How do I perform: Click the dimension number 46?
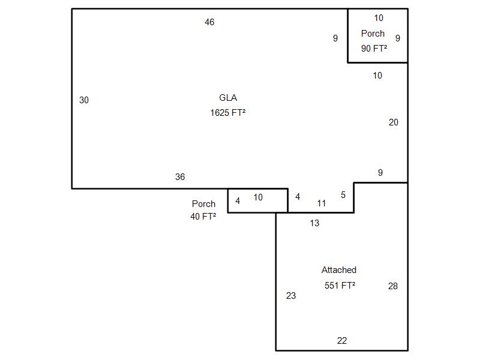(x=209, y=22)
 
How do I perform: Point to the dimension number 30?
(x=84, y=100)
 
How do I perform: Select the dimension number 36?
(x=180, y=176)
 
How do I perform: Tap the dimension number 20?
(x=394, y=122)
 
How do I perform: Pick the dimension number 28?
(x=393, y=286)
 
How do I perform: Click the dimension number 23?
(x=291, y=295)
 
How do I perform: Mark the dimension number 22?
(x=342, y=340)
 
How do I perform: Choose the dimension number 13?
(x=314, y=223)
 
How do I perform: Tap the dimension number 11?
(x=322, y=203)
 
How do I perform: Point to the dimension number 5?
(x=343, y=195)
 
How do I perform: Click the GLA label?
(x=228, y=98)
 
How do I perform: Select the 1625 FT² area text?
(x=228, y=113)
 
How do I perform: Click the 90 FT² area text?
(x=374, y=49)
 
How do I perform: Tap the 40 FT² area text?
(x=203, y=217)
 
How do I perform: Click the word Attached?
(x=339, y=270)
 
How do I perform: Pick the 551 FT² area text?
(x=340, y=286)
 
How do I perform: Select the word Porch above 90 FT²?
(x=373, y=34)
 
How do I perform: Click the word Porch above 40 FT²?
(x=203, y=204)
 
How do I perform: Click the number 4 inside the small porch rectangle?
(x=238, y=201)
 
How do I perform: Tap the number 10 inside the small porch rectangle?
(x=258, y=197)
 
